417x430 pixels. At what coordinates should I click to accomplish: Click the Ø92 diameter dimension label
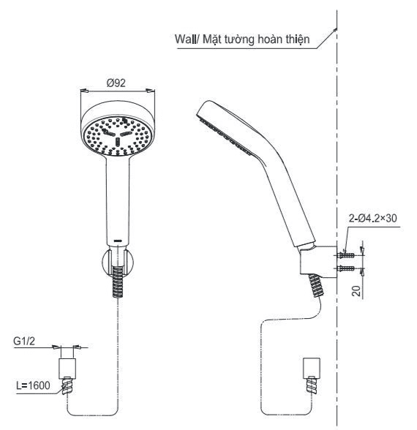(116, 83)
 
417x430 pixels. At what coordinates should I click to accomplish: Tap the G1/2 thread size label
(24, 341)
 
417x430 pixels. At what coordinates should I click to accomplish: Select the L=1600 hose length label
(33, 385)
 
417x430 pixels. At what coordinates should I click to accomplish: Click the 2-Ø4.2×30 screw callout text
(372, 218)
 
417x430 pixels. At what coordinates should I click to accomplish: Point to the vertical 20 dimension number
(356, 291)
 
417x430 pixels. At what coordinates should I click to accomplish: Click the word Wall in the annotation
(186, 39)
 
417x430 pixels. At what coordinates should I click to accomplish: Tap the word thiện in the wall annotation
(297, 39)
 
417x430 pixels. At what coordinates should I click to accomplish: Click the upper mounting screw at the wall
(345, 254)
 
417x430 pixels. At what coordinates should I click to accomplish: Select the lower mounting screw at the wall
(345, 268)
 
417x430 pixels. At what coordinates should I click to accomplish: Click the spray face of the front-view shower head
(118, 136)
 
